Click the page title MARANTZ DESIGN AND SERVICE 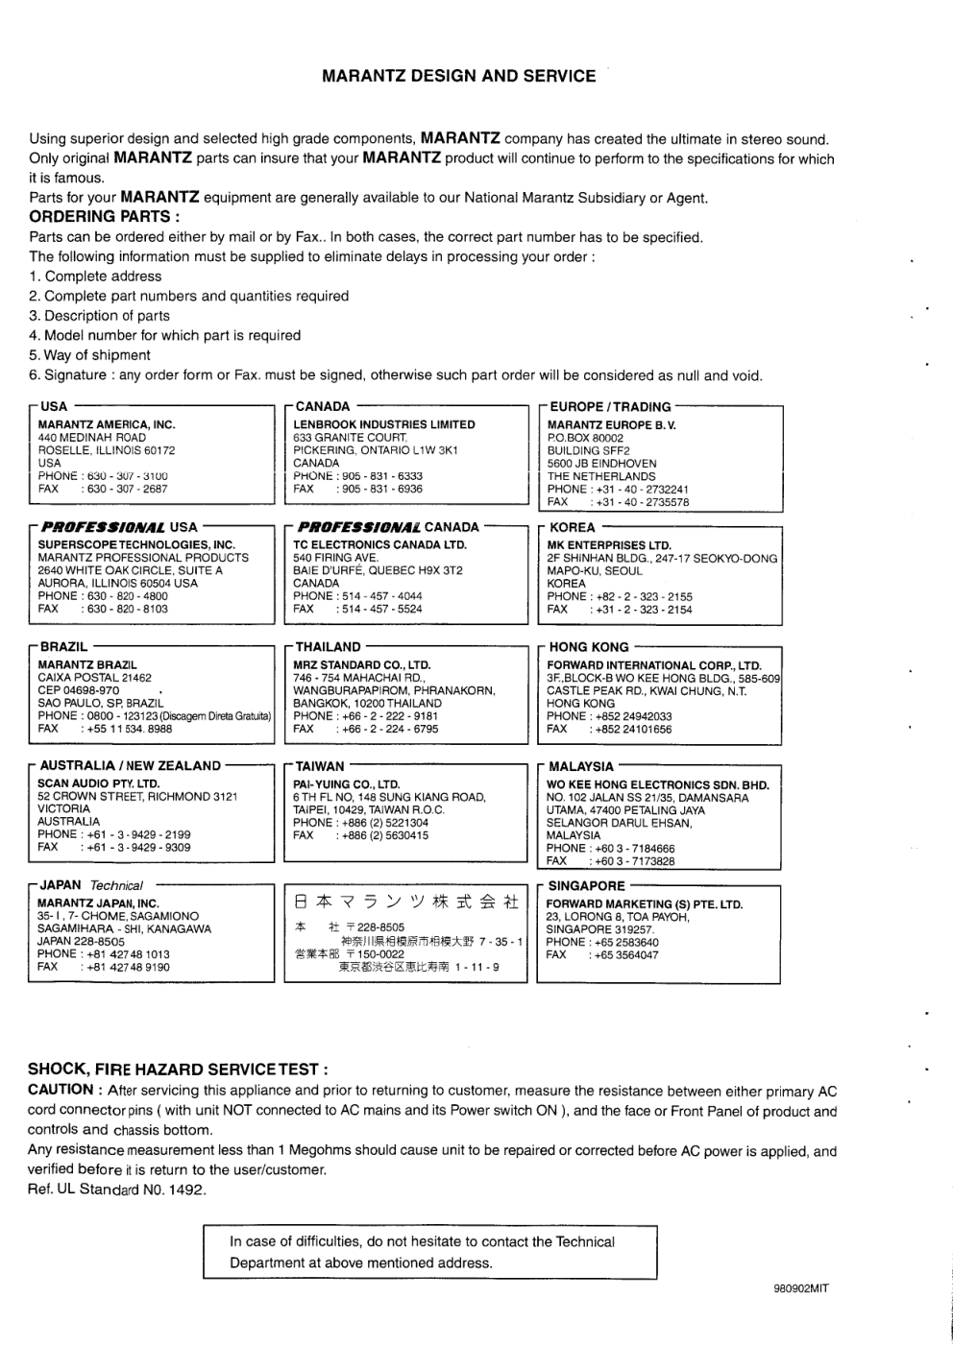click(x=458, y=76)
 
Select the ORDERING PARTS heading click(x=105, y=217)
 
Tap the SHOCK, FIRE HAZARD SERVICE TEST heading click(x=179, y=1070)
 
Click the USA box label click(x=54, y=407)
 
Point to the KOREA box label click(x=572, y=528)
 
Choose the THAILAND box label click(x=328, y=648)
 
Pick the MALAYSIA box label click(x=580, y=767)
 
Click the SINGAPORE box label click(x=586, y=886)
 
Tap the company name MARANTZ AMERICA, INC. click(x=107, y=424)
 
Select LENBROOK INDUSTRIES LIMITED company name click(x=384, y=424)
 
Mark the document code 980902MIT click(x=800, y=1289)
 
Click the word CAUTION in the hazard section click(x=61, y=1090)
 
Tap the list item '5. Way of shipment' click(x=89, y=355)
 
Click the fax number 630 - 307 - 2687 click(x=127, y=489)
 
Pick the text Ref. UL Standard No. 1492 click(x=117, y=1191)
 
